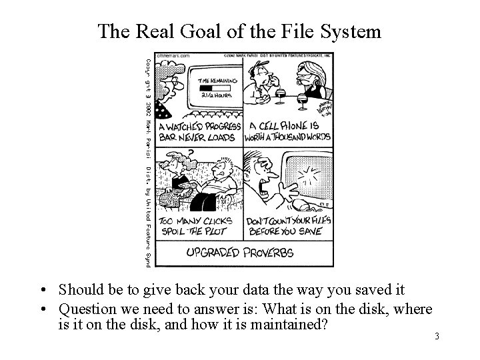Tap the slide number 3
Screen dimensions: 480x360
[437, 336]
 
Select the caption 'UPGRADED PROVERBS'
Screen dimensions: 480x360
[240, 253]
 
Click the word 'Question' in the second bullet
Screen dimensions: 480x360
[86, 309]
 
